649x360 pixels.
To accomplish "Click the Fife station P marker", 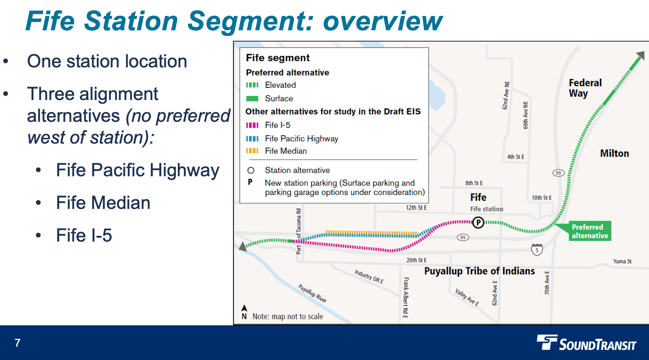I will tap(478, 223).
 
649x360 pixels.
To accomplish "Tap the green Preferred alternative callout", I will tap(590, 231).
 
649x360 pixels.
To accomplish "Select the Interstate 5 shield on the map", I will tap(537, 250).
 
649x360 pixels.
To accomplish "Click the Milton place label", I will tap(614, 153).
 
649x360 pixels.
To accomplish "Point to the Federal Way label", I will tap(585, 88).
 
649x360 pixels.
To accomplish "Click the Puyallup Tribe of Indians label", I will tap(479, 271).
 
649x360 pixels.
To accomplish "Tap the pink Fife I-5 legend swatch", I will tap(252, 125).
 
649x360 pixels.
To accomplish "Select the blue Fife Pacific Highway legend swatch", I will tap(252, 138).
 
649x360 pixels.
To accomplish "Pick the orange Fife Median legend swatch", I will tap(252, 151).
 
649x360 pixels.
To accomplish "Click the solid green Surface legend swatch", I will tap(252, 99).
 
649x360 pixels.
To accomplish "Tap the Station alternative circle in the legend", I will tap(251, 170).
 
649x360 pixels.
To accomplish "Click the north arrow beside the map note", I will tap(244, 309).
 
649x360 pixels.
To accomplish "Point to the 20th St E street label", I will tap(416, 260).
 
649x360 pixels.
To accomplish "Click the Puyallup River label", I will tap(312, 293).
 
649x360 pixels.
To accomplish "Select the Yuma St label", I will tap(622, 261).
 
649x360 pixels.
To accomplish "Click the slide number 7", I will tap(18, 343).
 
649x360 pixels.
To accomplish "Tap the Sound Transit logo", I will tap(586, 343).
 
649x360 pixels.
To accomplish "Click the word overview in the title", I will tap(383, 21).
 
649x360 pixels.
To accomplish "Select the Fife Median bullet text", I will tap(103, 203).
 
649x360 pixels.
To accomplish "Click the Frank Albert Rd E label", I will tap(406, 297).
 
